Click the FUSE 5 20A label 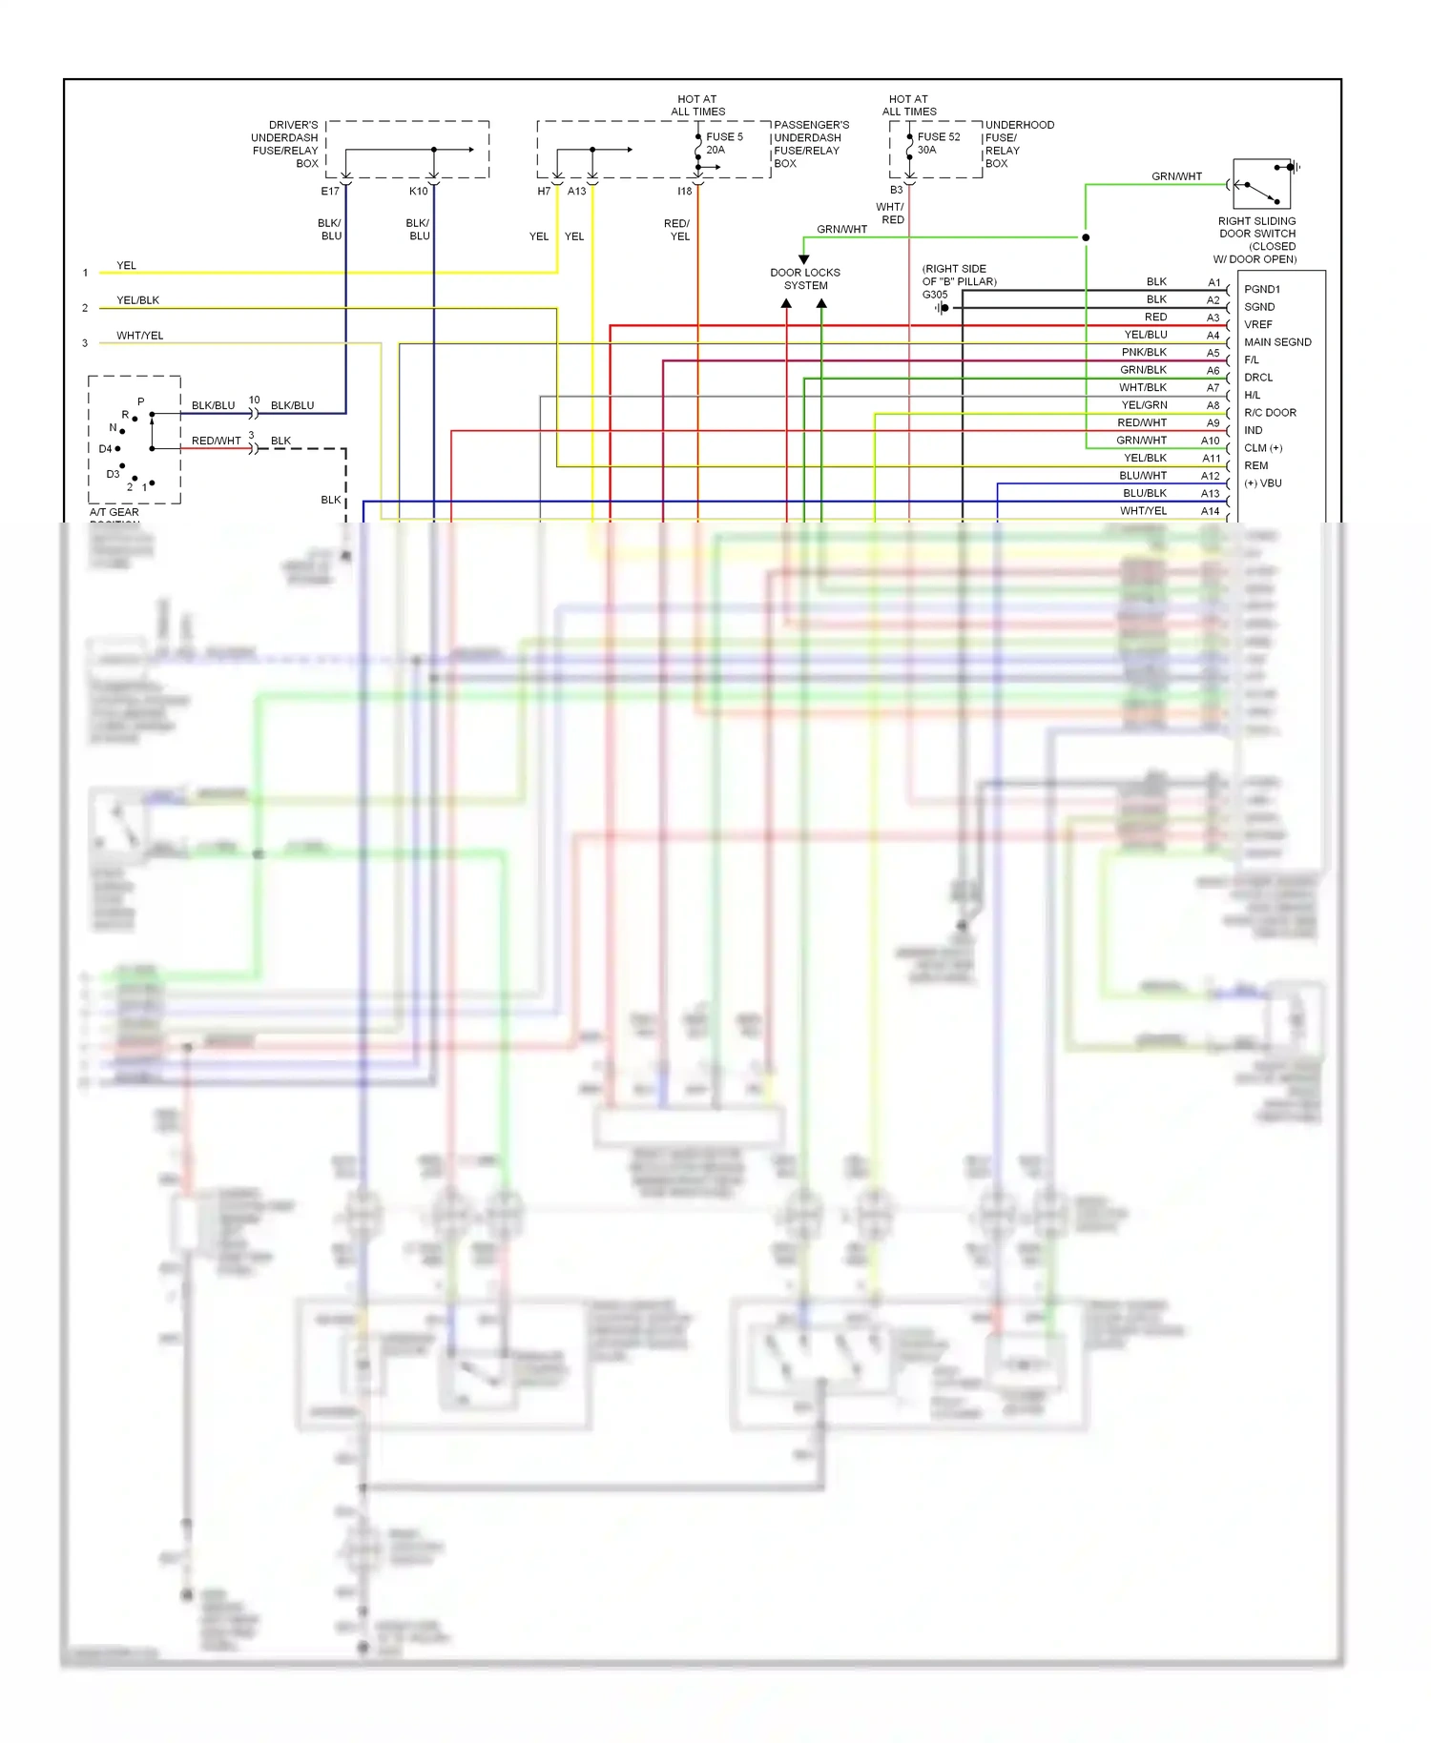click(x=724, y=143)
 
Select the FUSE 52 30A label click(x=939, y=143)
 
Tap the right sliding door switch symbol click(x=1261, y=184)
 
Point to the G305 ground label click(x=935, y=295)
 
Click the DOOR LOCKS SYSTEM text click(x=805, y=278)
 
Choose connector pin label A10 click(x=1210, y=441)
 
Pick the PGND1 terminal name click(x=1261, y=289)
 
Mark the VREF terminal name click(x=1257, y=324)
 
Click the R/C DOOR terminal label click(x=1270, y=413)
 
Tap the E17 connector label click(x=330, y=192)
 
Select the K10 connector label click(x=418, y=192)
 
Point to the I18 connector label click(x=684, y=192)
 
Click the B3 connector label click(x=896, y=190)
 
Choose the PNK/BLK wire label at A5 click(x=1143, y=353)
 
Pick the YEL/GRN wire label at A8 click(x=1144, y=405)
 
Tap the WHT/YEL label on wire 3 click(x=139, y=336)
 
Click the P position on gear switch click(x=141, y=401)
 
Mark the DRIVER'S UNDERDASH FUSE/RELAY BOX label click(x=284, y=144)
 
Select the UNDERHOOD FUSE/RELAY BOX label click(x=1019, y=144)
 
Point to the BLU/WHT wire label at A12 click(x=1142, y=476)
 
